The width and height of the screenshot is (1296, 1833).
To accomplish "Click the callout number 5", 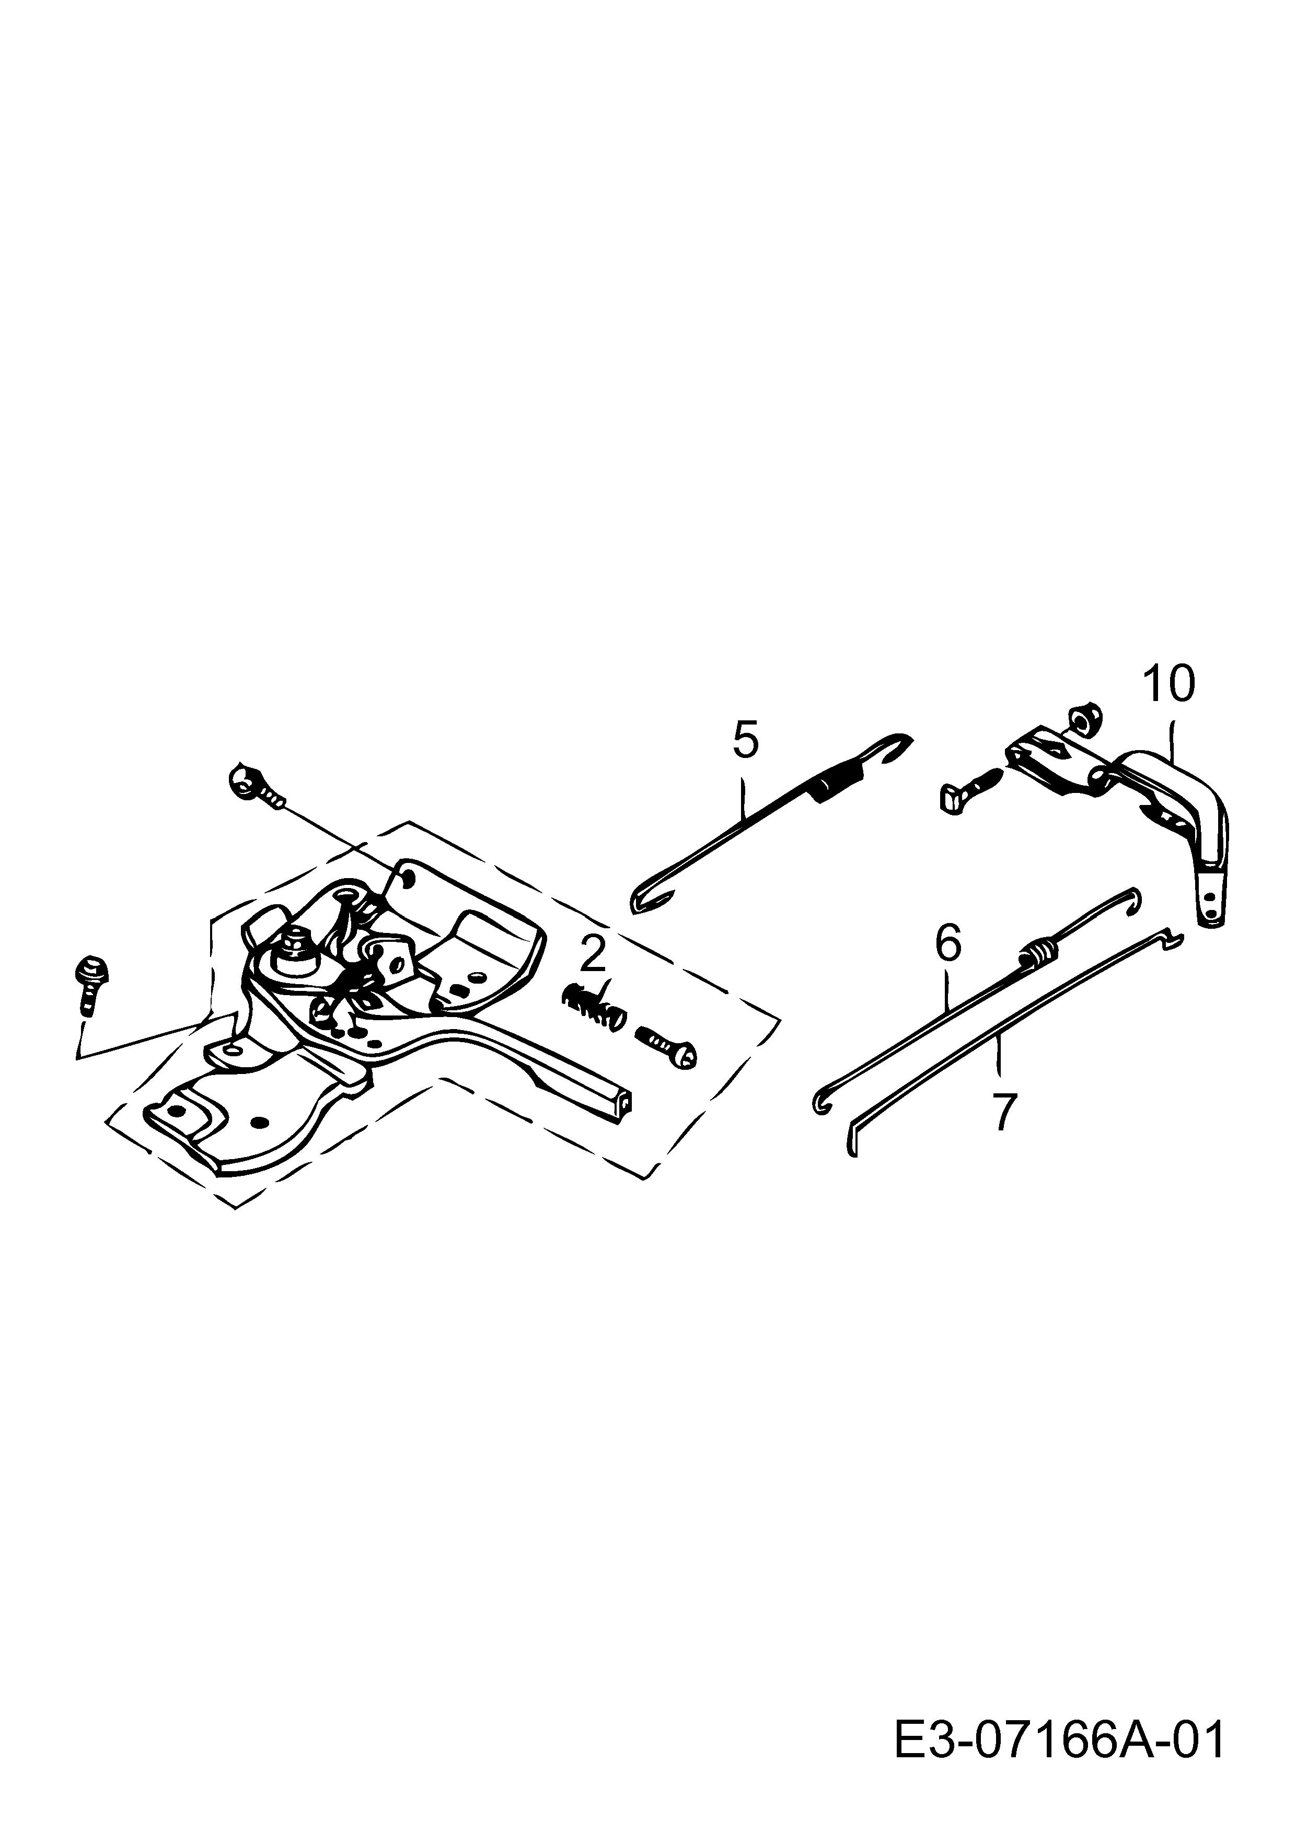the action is coord(745,740).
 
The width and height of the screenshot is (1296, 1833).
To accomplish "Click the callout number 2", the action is coord(593,955).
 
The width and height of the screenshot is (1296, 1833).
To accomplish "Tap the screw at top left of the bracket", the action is coord(256,785).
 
